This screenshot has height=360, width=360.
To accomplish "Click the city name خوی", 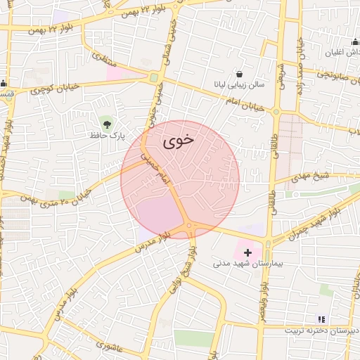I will tap(179, 141).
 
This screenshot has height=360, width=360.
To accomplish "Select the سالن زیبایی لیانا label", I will tap(240, 85).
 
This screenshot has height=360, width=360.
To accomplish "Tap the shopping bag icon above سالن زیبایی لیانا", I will tap(240, 74).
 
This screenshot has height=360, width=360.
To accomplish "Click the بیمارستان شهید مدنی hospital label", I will tap(247, 264).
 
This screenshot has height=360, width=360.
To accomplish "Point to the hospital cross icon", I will tap(247, 252).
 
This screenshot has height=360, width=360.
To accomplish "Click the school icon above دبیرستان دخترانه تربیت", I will tap(321, 319).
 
